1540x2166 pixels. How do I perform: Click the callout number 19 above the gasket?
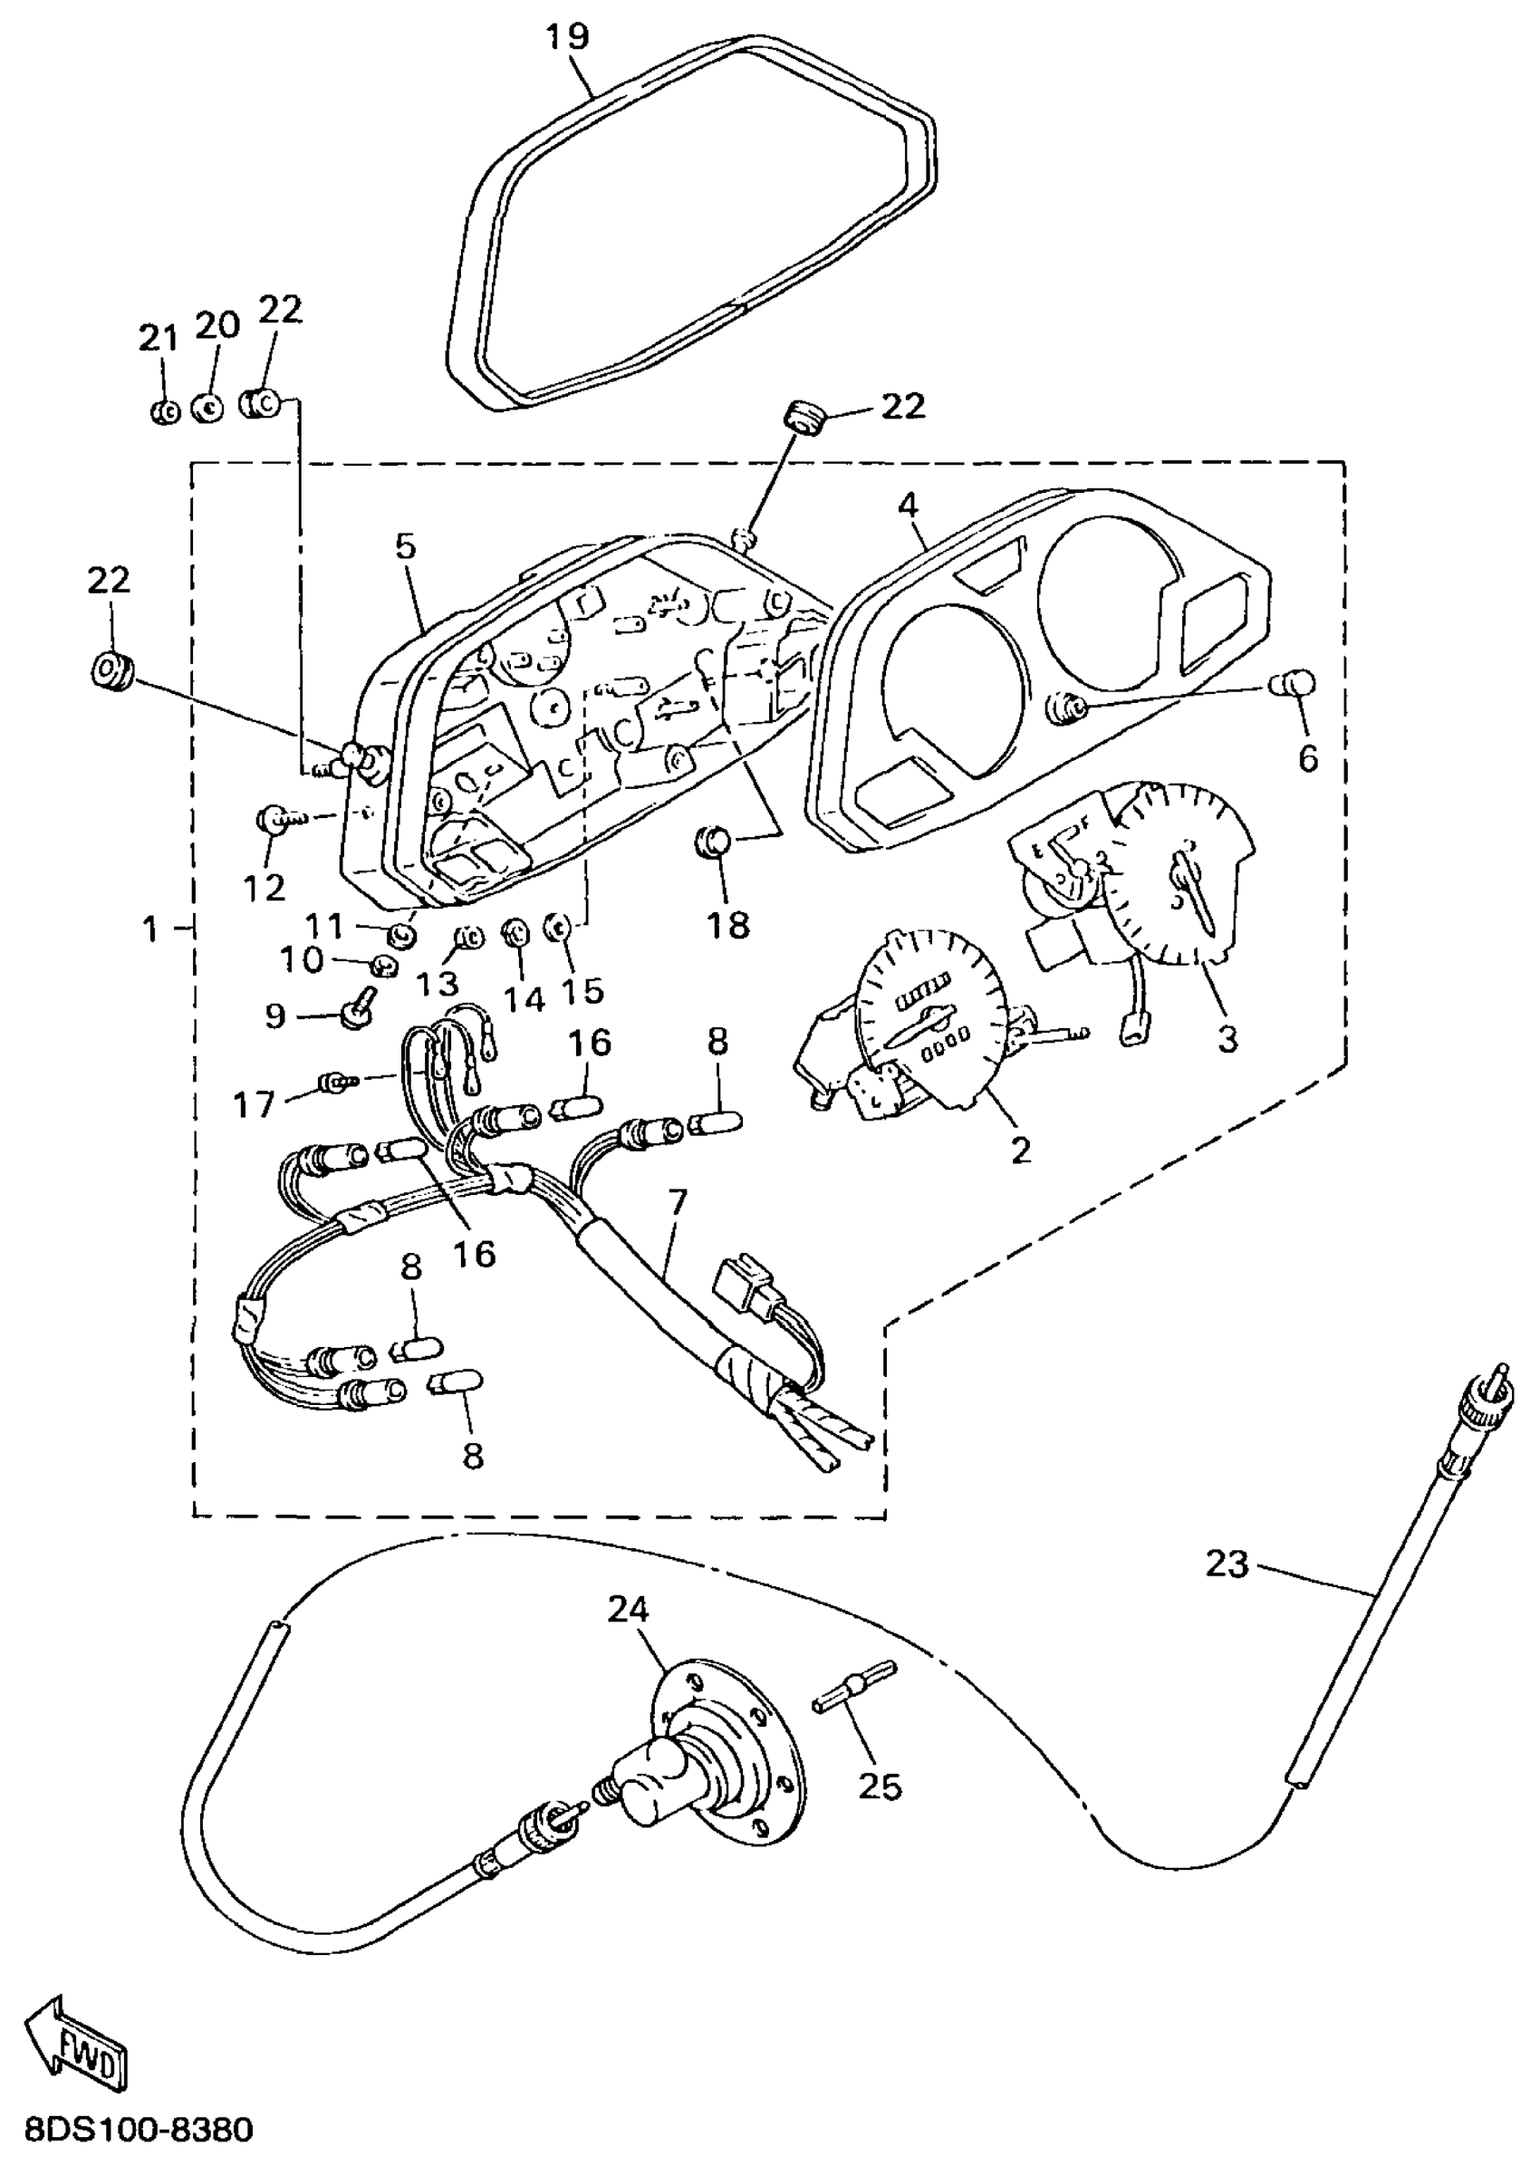pos(567,37)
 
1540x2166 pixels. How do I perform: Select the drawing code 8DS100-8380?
pos(140,2132)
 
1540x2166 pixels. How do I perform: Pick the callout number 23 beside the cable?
pos(1227,1564)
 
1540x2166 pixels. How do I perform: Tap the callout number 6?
pos(1308,758)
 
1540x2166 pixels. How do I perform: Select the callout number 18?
pos(728,925)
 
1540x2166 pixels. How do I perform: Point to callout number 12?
pos(264,888)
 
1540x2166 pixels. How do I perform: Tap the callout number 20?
pos(218,325)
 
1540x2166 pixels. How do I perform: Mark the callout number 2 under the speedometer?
pos(1019,1150)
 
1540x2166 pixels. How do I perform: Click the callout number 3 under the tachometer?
pos(1227,1038)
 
